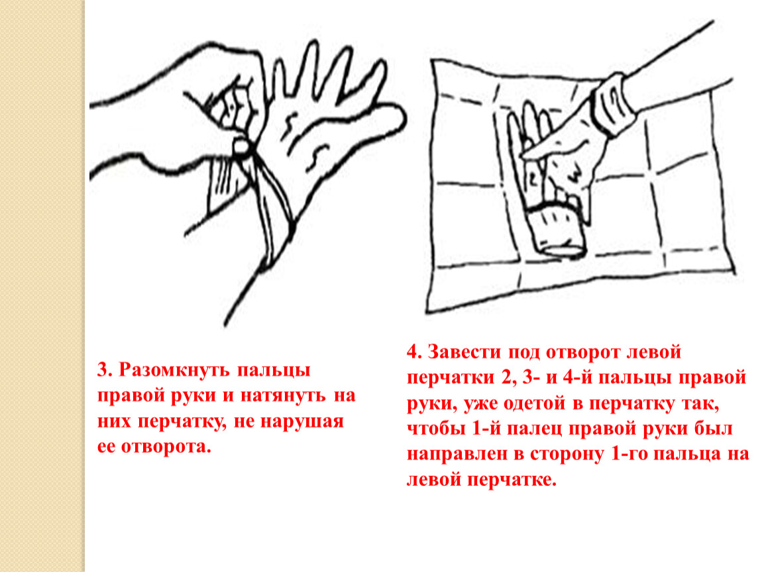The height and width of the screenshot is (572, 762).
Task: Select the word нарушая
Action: (x=302, y=422)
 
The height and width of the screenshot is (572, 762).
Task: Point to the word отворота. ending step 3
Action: (x=166, y=447)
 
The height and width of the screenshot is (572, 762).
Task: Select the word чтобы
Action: (x=435, y=430)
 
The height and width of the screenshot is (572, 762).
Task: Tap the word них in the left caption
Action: (x=114, y=422)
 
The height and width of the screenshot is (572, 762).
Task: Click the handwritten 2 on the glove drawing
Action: (x=532, y=179)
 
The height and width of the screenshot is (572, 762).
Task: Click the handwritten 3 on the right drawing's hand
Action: (x=575, y=174)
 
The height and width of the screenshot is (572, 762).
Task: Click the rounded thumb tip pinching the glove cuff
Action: (x=242, y=147)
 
